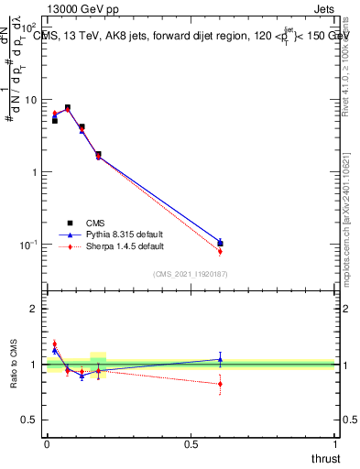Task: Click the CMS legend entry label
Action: tap(95, 223)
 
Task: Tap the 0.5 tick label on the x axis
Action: tap(191, 444)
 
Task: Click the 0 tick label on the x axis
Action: tap(47, 444)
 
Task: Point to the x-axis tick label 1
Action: tap(336, 444)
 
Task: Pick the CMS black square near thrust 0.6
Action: tap(220, 244)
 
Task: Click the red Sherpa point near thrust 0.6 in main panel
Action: tap(220, 251)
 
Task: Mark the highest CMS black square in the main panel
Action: tap(68, 107)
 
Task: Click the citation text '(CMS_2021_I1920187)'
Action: tap(191, 274)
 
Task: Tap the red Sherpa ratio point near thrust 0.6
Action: tap(220, 384)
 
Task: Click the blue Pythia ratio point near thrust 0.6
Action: tap(220, 359)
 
